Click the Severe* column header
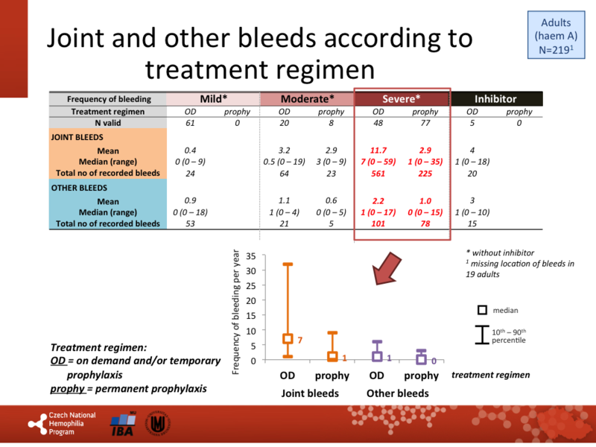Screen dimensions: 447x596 402,99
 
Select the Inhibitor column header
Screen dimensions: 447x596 496,99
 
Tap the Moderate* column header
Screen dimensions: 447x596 307,99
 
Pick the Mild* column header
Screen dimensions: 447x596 213,99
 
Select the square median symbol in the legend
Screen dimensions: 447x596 482,310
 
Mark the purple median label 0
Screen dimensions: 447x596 434,361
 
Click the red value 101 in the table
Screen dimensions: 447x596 380,223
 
